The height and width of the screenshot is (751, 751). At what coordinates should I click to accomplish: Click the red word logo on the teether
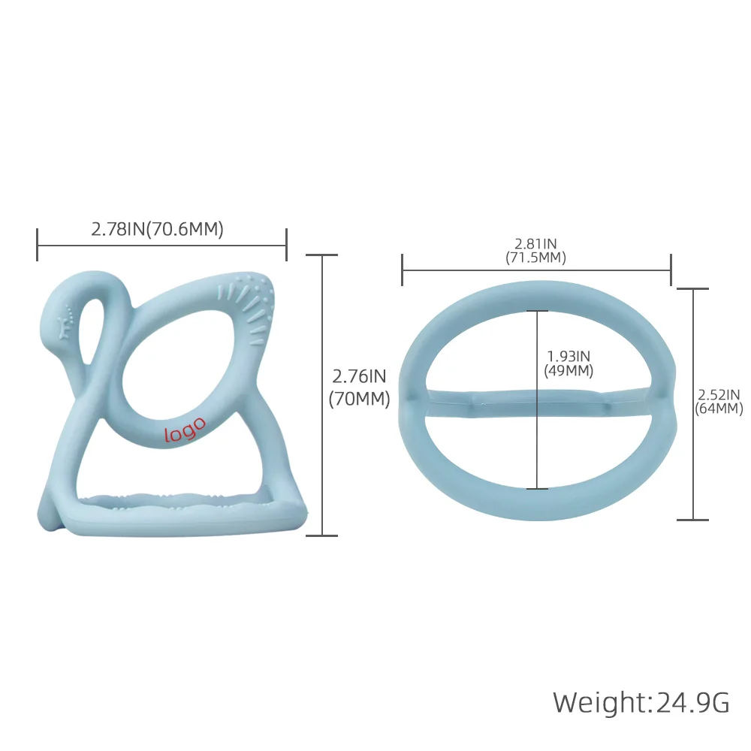tap(184, 429)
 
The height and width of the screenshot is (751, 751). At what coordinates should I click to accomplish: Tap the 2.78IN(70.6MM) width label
tap(158, 229)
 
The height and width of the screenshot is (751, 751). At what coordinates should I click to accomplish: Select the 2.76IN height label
tap(359, 376)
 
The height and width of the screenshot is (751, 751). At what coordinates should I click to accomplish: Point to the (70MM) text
tap(359, 400)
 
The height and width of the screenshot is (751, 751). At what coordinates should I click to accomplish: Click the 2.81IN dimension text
tap(535, 244)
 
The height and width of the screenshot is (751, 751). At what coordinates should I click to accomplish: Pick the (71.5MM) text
tap(535, 258)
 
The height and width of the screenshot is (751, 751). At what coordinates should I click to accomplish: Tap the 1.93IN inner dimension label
tap(569, 356)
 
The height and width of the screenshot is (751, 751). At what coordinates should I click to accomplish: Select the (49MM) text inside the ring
tap(569, 370)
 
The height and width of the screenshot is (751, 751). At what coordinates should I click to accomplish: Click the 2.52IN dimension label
tap(719, 395)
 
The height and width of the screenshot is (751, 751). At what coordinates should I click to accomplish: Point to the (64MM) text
tap(719, 409)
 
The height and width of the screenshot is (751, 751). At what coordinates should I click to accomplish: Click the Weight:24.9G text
tap(641, 702)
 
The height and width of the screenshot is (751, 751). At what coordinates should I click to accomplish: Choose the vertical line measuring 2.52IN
tap(692, 451)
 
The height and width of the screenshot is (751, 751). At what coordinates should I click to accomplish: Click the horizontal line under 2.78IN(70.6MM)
tap(161, 245)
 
